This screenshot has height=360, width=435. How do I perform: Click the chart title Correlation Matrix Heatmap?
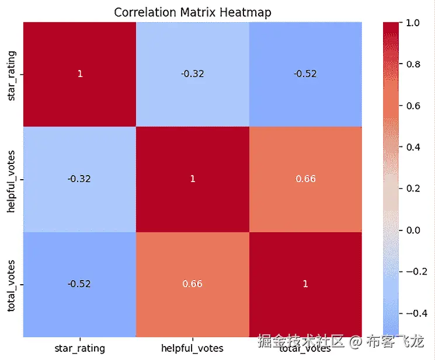(192, 12)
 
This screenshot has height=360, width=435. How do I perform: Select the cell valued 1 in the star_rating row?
(80, 74)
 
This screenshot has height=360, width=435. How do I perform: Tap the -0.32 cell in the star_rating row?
(192, 74)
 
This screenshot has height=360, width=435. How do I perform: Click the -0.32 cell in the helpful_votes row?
(80, 179)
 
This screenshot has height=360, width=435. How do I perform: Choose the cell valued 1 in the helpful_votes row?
(192, 179)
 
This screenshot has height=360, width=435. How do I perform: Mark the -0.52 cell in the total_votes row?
(80, 284)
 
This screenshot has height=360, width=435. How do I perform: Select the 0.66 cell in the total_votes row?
(192, 284)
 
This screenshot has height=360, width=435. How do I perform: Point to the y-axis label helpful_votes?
(12, 179)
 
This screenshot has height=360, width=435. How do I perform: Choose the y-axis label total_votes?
(12, 284)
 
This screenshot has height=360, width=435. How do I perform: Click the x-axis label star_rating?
(80, 349)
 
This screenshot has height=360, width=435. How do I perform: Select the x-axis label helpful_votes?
(192, 349)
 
